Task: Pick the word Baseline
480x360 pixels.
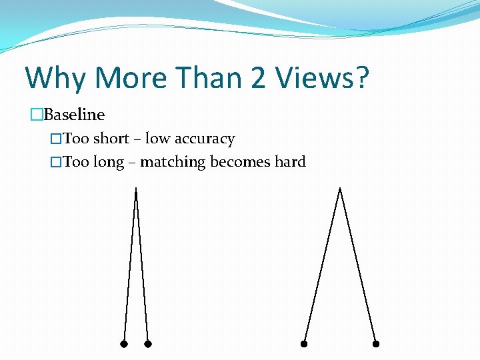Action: point(74,115)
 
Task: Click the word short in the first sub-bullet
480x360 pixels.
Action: point(111,139)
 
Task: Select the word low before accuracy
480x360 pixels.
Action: point(157,139)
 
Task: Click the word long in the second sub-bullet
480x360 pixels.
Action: point(109,162)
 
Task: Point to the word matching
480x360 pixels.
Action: point(173,163)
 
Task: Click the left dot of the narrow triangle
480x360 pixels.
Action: point(123,344)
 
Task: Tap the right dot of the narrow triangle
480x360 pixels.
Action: point(148,344)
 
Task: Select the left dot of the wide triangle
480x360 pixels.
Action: point(303,344)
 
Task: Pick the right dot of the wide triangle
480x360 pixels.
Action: point(376,344)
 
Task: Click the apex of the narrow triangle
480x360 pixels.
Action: point(136,190)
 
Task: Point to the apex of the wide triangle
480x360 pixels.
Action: point(340,190)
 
